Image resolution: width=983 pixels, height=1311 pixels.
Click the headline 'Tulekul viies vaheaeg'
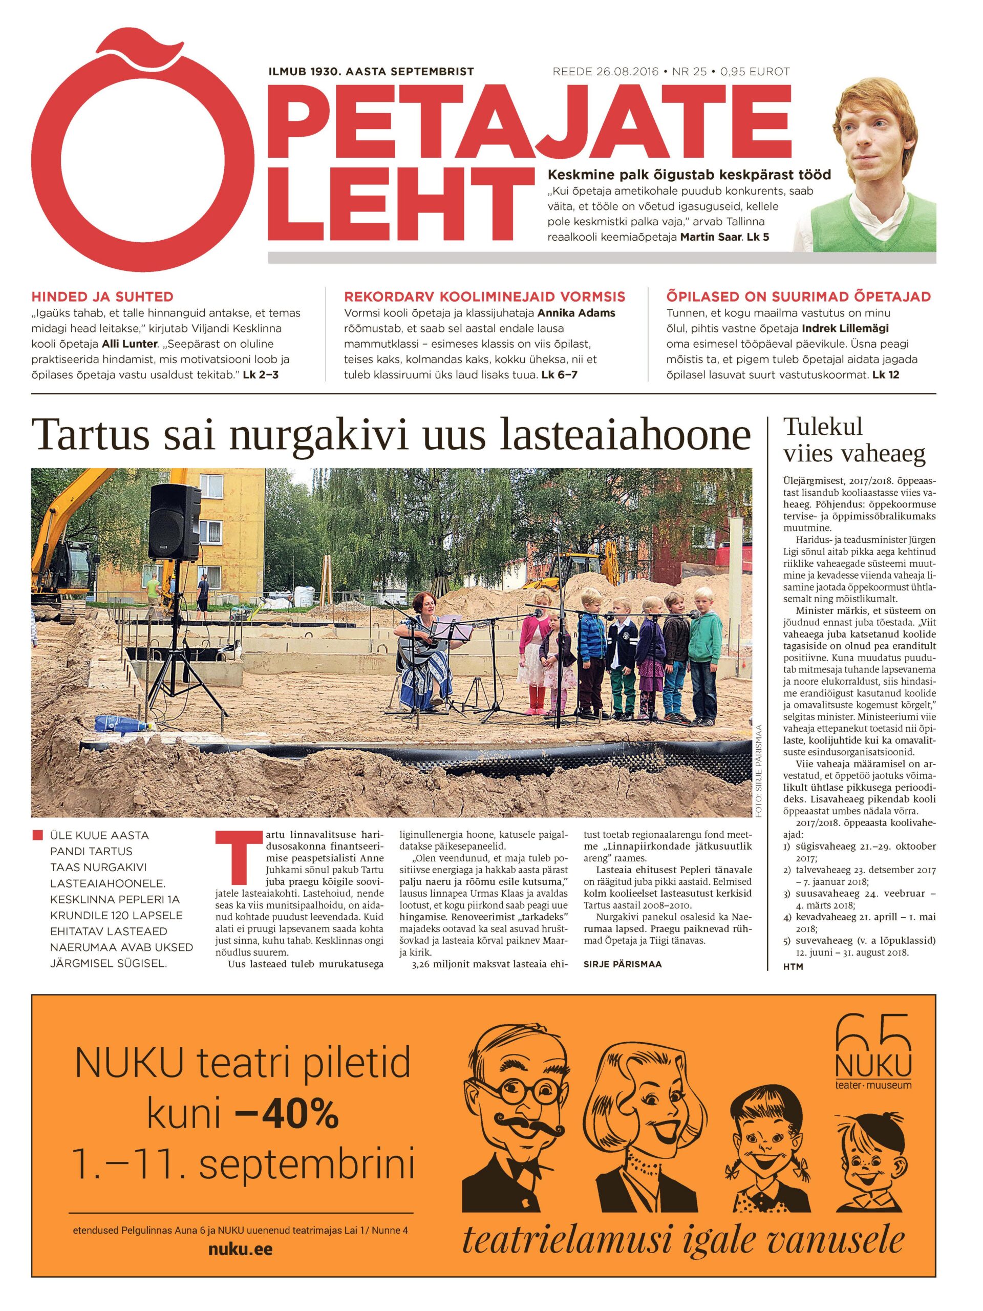coord(853,440)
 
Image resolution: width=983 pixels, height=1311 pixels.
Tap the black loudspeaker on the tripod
coord(174,522)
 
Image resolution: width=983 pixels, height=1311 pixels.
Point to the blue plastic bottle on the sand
coord(121,724)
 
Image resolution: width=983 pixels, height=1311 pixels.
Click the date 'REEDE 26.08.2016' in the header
coord(605,72)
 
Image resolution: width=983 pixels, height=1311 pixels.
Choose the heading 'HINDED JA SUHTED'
coord(102,297)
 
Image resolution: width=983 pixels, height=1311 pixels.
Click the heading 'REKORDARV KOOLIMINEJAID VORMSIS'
coord(484,297)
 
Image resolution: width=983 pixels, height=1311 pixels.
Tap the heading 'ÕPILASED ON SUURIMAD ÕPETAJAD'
coord(798,297)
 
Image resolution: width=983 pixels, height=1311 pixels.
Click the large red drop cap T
coord(232,858)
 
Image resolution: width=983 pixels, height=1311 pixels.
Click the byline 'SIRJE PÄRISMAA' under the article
coord(622,964)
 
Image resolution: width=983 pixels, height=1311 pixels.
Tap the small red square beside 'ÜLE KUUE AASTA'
coord(38,835)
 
